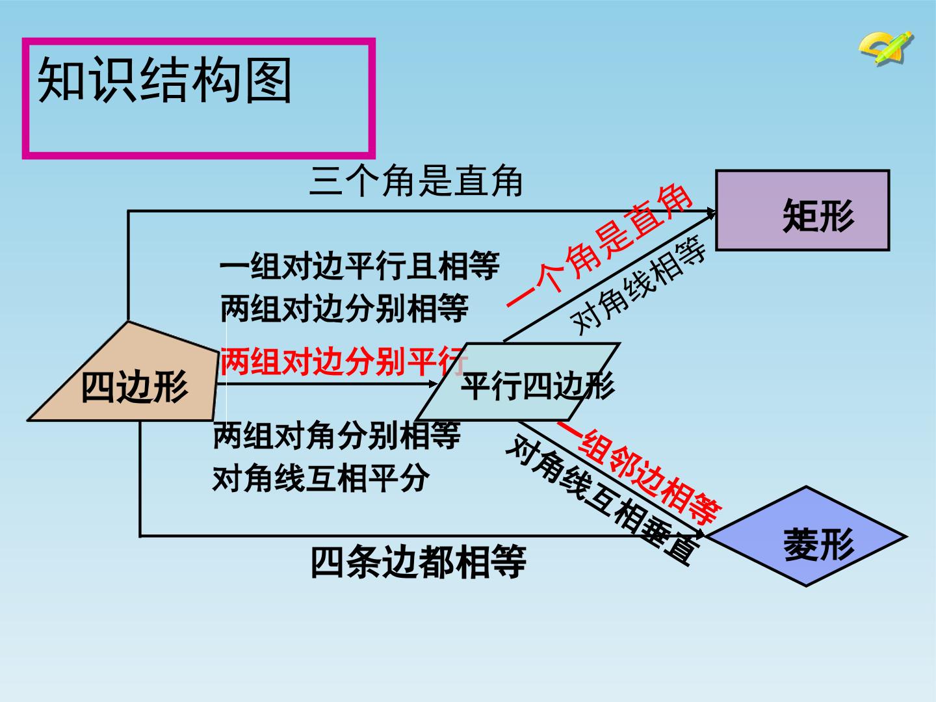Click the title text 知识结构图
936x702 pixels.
pyautogui.click(x=164, y=80)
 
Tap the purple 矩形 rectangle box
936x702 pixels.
pyautogui.click(x=802, y=210)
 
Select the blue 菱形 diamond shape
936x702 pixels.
pyautogui.click(x=806, y=536)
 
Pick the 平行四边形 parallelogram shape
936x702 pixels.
pyautogui.click(x=517, y=382)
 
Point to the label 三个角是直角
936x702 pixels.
pyautogui.click(x=416, y=181)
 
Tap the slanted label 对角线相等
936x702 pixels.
pyautogui.click(x=638, y=285)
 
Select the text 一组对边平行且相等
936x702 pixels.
pyautogui.click(x=359, y=266)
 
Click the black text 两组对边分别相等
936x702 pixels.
pyautogui.click(x=344, y=307)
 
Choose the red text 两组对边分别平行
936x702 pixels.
pyautogui.click(x=344, y=361)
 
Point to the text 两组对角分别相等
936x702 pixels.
pyautogui.click(x=337, y=435)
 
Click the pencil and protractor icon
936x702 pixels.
pyautogui.click(x=886, y=47)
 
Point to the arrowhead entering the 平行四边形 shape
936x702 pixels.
pyautogui.click(x=433, y=384)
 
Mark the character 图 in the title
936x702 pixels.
pyautogui.click(x=268, y=80)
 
